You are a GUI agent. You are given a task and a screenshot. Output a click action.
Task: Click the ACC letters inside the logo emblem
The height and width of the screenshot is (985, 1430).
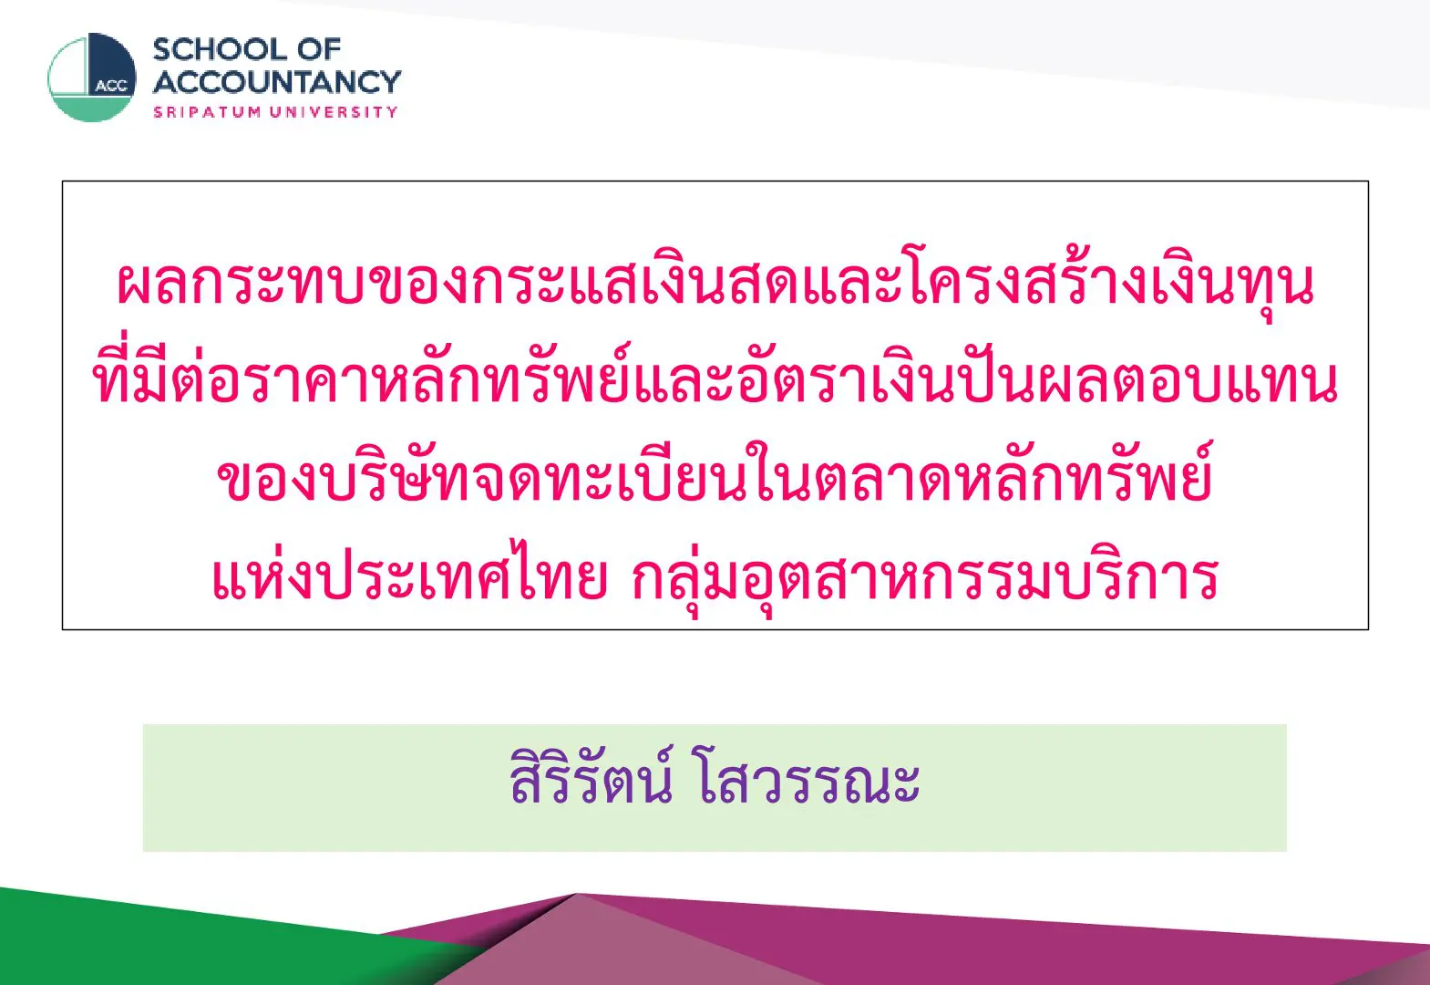[x=111, y=87]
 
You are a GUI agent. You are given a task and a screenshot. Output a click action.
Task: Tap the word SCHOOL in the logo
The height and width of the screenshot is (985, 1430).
[x=221, y=50]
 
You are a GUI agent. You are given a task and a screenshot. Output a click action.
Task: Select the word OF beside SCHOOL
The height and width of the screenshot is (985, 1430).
[x=320, y=50]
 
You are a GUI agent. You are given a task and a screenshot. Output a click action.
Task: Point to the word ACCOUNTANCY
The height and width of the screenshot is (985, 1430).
[x=277, y=82]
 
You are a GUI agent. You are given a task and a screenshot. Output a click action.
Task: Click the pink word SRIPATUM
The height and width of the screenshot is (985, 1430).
[x=208, y=112]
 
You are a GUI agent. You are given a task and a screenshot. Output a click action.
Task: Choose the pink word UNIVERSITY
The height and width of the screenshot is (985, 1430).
[x=334, y=112]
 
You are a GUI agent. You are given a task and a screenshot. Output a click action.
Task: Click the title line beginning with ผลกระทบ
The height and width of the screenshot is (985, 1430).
[x=715, y=284]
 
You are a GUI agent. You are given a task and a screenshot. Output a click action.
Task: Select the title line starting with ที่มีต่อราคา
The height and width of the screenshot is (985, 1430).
[x=715, y=377]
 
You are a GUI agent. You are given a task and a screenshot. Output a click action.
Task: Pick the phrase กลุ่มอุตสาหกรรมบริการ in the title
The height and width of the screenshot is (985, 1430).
[x=925, y=578]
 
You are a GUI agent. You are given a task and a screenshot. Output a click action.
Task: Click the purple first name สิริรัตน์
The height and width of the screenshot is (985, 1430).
[x=591, y=777]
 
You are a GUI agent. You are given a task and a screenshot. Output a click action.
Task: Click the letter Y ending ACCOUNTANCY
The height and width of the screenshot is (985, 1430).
[x=390, y=82]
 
